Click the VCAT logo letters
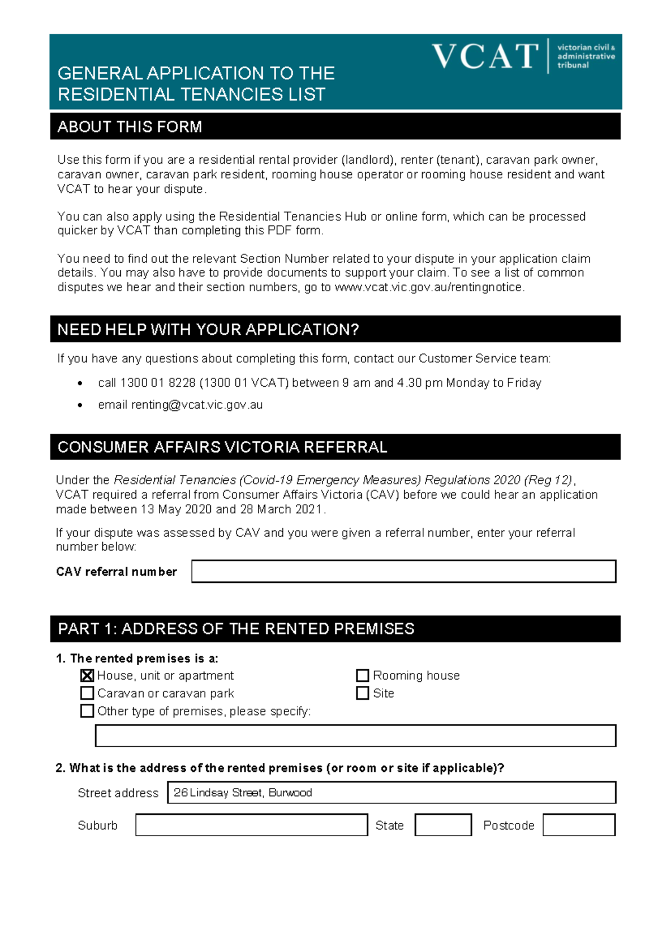click(485, 56)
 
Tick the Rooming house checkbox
click(362, 675)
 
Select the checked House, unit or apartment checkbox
click(87, 675)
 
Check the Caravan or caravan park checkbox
click(87, 693)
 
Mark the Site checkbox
click(362, 693)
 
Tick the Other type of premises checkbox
click(87, 711)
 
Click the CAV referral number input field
click(403, 571)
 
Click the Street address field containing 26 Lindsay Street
click(391, 793)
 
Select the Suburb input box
click(251, 825)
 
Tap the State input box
click(443, 825)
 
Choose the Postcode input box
click(579, 825)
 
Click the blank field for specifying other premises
click(355, 736)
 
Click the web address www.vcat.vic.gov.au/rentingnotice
click(428, 287)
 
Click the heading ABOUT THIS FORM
click(130, 127)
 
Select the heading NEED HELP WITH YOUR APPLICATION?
click(208, 330)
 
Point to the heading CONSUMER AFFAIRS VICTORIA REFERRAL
click(222, 447)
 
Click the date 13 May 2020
click(176, 509)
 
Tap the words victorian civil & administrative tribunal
click(585, 56)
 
